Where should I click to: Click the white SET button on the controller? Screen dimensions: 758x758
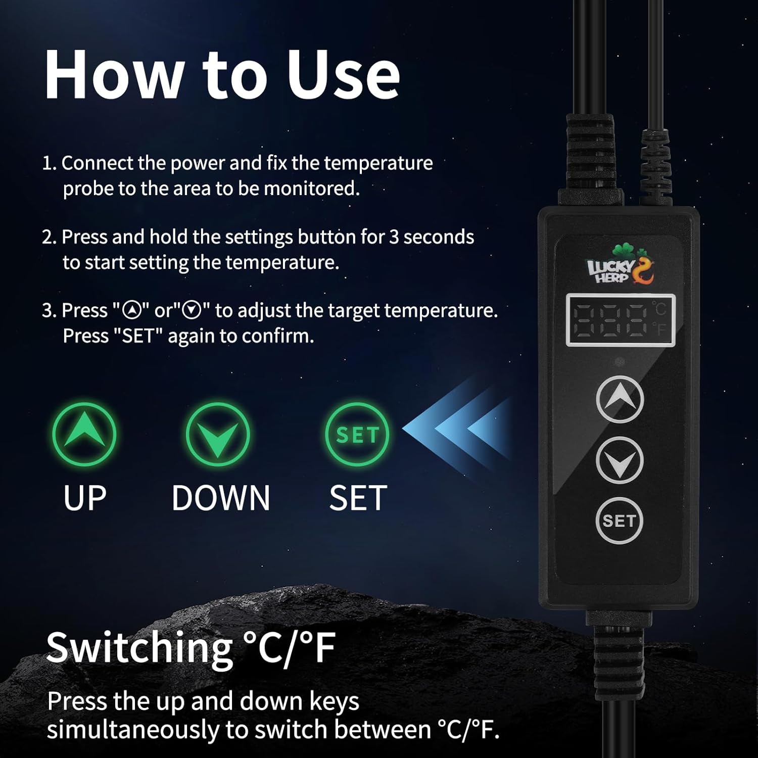point(619,520)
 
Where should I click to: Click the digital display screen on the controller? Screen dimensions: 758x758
point(621,320)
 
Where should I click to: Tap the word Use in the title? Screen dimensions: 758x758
point(344,75)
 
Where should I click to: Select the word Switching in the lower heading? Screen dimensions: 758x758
point(139,648)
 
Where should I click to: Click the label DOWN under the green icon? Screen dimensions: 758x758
point(221,498)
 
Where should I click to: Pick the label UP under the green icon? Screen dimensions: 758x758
point(85,498)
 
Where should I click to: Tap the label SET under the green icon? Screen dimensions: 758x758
point(358,498)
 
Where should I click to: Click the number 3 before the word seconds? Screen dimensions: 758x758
point(394,237)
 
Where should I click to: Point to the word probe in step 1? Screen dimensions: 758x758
point(87,189)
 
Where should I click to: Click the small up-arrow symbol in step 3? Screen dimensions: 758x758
point(132,310)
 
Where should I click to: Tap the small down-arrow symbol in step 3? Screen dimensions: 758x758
point(193,310)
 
